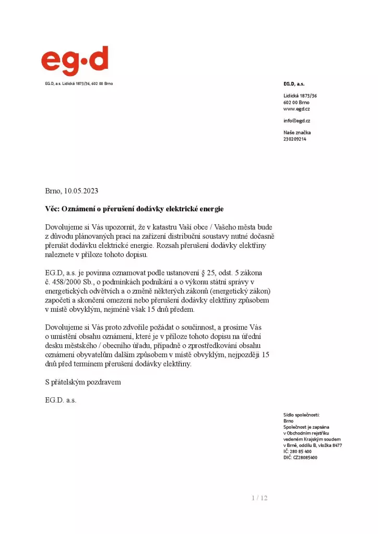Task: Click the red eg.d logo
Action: (x=75, y=61)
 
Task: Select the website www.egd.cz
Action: (x=297, y=109)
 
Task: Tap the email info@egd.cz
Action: (x=297, y=121)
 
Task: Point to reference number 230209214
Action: (x=295, y=139)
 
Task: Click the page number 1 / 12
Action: (x=259, y=498)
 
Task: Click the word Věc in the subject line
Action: (x=52, y=209)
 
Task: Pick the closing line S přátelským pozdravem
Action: (x=83, y=382)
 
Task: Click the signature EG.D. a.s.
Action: (x=61, y=400)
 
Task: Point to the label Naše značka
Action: (x=297, y=132)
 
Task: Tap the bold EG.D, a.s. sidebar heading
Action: (x=294, y=83)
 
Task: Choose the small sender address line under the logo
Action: (x=79, y=83)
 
